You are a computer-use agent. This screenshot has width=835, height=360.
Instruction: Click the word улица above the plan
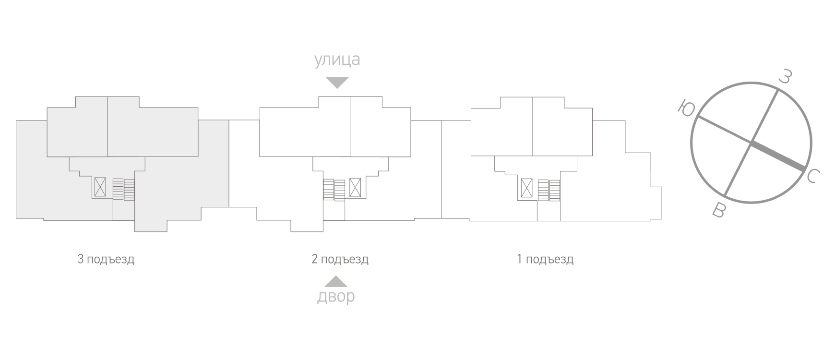(337, 60)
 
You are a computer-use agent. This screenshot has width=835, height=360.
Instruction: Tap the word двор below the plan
(336, 297)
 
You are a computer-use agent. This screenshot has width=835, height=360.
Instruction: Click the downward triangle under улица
(337, 83)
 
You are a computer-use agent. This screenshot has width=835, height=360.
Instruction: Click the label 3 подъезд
(106, 260)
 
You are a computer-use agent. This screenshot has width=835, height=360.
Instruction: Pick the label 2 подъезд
(340, 260)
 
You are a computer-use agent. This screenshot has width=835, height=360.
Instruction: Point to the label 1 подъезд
(545, 260)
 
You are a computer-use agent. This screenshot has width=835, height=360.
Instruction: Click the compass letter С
(811, 176)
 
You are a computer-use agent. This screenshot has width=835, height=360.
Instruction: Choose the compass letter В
(718, 210)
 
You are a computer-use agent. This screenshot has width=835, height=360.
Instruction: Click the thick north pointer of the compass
(778, 156)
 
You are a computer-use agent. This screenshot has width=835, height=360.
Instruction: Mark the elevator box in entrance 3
(100, 187)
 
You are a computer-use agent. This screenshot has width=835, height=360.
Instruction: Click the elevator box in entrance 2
(355, 187)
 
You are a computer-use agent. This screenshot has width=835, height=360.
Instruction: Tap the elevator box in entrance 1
(527, 187)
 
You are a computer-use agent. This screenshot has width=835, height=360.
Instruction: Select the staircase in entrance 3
(124, 189)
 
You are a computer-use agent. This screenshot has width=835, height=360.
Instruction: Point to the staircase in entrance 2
(334, 190)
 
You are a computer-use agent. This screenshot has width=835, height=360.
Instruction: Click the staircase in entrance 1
(549, 190)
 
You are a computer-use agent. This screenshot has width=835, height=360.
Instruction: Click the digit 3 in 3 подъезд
(81, 259)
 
